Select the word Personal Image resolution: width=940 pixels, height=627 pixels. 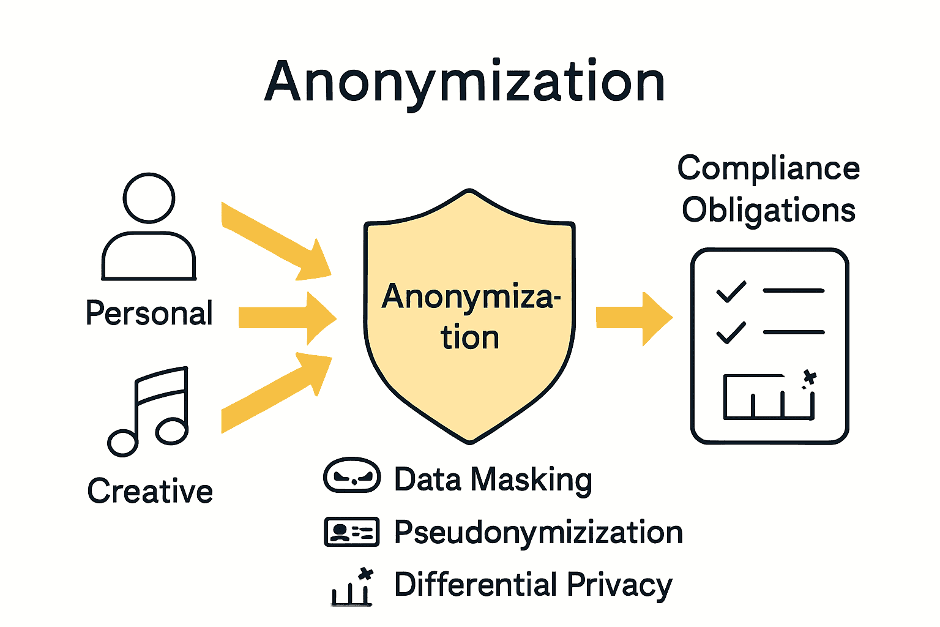(x=149, y=313)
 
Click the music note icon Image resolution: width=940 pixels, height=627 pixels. (x=149, y=412)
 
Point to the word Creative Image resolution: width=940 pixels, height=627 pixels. (x=150, y=491)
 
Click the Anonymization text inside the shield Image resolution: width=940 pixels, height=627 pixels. (x=470, y=317)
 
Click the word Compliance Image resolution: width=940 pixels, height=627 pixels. (x=769, y=168)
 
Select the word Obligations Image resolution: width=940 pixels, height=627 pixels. (x=769, y=210)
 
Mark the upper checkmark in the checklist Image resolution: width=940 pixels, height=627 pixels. (x=731, y=291)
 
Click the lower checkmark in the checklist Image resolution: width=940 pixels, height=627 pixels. (x=731, y=332)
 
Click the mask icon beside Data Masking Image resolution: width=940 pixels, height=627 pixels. (x=352, y=476)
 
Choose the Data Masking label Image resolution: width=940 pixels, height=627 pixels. (x=493, y=479)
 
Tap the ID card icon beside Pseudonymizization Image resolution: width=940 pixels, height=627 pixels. (x=352, y=531)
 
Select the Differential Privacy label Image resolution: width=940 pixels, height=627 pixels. (x=533, y=585)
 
